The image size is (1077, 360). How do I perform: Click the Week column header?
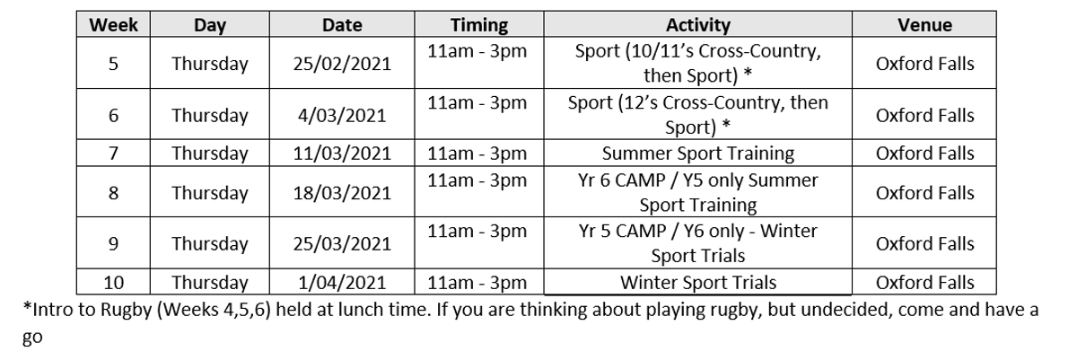click(x=113, y=25)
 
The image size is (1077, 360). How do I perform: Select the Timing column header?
click(x=479, y=25)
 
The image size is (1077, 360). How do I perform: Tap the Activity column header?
click(x=697, y=25)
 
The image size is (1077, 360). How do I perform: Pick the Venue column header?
click(x=924, y=25)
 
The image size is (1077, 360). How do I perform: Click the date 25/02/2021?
click(x=342, y=64)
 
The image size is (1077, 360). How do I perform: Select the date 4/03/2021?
click(x=342, y=115)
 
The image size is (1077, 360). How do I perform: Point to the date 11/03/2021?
click(x=342, y=154)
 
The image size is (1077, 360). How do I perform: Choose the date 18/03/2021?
click(x=342, y=193)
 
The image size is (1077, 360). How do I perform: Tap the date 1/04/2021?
click(x=342, y=282)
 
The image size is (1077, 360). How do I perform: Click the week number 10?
click(x=113, y=282)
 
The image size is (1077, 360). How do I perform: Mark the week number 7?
click(x=113, y=154)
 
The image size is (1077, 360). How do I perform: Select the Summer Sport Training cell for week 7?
click(x=697, y=154)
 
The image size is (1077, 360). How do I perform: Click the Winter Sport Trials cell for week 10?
click(x=697, y=282)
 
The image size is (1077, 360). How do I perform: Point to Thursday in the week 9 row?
click(x=210, y=243)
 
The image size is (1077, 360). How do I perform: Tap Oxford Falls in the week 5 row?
click(x=924, y=64)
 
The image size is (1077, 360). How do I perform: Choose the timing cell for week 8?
click(x=477, y=180)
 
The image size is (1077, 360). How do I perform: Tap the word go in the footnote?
click(x=32, y=338)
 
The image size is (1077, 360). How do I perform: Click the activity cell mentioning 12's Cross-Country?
click(x=697, y=114)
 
